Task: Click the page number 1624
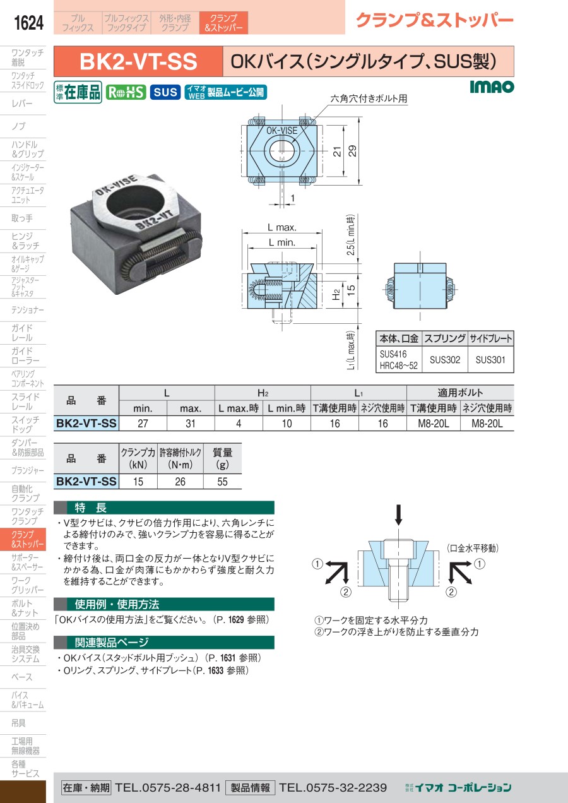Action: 28,23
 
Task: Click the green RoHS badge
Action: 126,92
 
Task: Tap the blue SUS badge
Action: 165,92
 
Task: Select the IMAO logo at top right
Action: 492,86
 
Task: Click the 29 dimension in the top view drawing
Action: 353,151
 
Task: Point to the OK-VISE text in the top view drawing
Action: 281,131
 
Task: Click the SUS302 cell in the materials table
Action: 445,360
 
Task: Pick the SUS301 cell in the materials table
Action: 490,360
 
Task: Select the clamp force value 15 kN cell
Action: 138,482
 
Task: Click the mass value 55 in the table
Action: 222,482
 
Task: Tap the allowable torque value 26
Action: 180,482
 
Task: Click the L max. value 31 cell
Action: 191,424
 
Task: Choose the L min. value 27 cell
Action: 143,424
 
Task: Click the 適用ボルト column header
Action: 460,393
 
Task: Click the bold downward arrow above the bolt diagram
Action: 398,515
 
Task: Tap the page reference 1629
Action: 236,619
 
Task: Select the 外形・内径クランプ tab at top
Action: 175,23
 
